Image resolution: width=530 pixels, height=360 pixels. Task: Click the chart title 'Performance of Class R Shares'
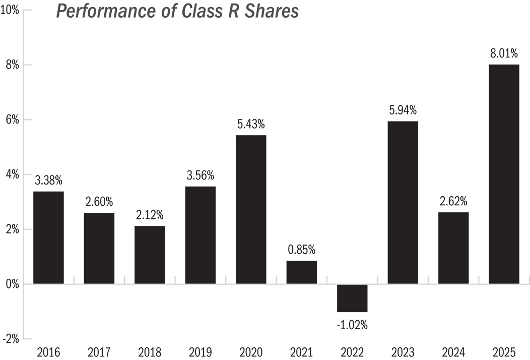coord(177,11)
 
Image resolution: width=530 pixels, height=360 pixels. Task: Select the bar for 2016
coord(48,237)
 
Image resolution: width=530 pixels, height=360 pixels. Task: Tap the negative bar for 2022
coord(352,298)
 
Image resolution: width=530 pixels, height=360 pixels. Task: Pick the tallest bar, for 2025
coord(504,174)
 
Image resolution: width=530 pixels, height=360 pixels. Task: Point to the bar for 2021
coord(301,272)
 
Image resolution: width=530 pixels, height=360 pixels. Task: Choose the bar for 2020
coord(251,209)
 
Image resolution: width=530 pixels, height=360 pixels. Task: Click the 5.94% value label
coord(403,110)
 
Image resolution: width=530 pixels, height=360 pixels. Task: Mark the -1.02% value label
coord(352,325)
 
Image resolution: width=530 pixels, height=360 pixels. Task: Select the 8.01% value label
coord(504,53)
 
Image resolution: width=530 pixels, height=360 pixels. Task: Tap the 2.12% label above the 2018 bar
coord(150,215)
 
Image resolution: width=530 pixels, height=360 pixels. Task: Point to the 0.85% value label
coord(301,250)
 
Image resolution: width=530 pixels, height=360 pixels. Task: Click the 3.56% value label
coord(201,175)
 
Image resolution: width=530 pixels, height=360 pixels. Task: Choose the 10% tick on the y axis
coord(10,10)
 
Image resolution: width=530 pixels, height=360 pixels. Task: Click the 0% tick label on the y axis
coord(12,284)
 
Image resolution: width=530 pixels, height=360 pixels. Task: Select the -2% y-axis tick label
coord(11,339)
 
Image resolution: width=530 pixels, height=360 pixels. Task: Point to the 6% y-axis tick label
coord(12,120)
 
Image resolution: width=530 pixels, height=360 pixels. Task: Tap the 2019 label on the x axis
coord(201,352)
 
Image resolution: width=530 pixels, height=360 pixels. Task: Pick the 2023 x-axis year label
coord(403,352)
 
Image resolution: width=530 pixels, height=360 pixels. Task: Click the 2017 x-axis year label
coord(99,352)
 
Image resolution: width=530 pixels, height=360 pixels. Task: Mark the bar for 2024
coord(453,248)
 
